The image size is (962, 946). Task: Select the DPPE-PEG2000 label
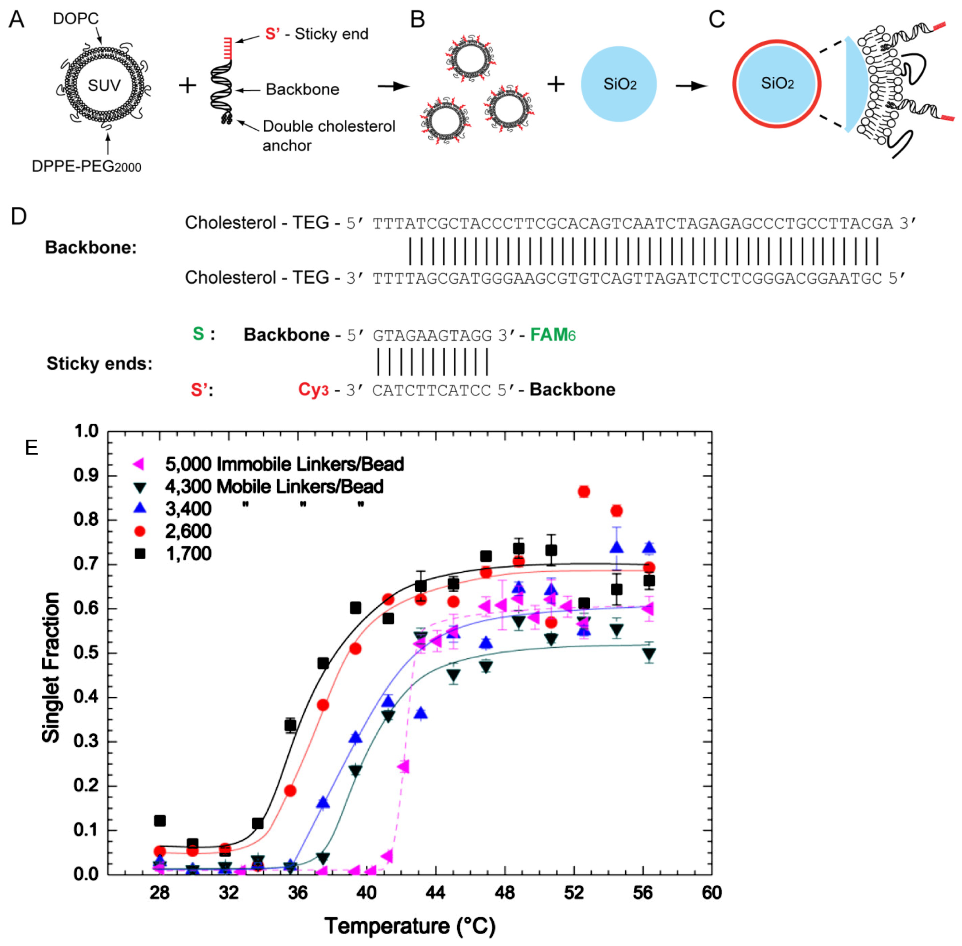(x=86, y=166)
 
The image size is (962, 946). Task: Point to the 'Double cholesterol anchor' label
(x=328, y=136)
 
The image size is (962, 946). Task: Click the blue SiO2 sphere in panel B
(x=619, y=84)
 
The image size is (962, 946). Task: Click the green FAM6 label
(x=553, y=335)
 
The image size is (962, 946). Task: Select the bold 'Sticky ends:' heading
(x=99, y=364)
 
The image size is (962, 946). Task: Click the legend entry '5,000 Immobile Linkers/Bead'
(x=284, y=464)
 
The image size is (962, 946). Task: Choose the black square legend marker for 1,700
(x=140, y=553)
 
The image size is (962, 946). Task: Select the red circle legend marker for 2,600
(x=140, y=531)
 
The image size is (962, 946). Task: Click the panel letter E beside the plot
(x=31, y=448)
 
